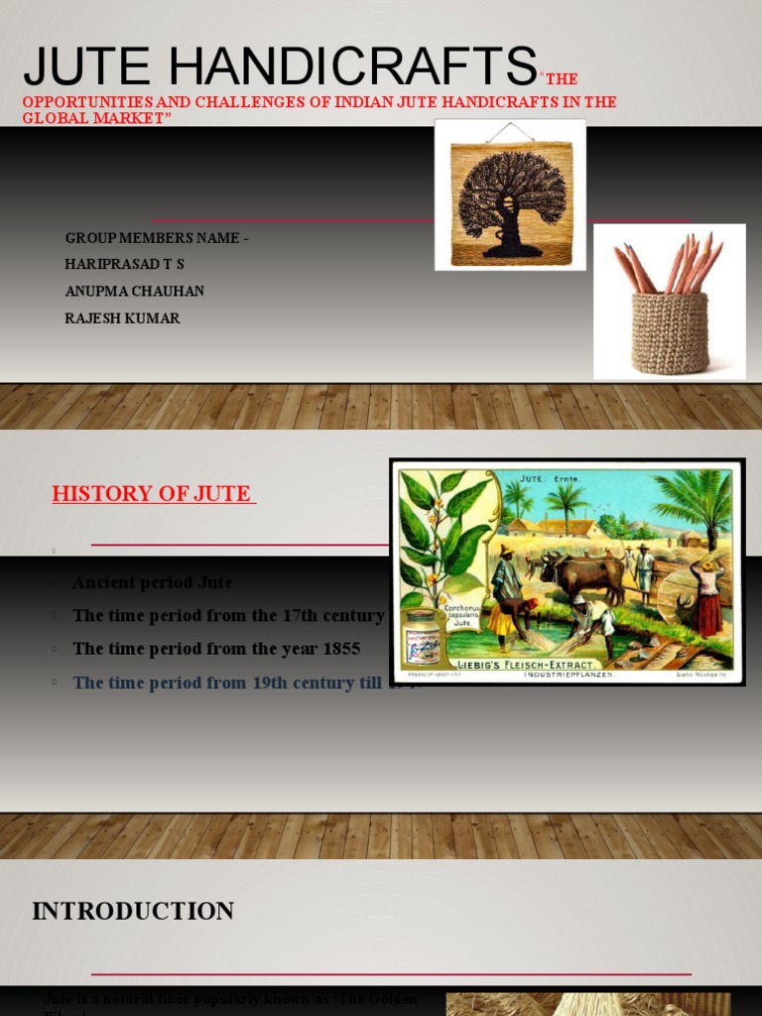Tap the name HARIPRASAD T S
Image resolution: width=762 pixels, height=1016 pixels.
click(124, 264)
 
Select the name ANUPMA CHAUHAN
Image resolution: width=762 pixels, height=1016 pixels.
click(134, 292)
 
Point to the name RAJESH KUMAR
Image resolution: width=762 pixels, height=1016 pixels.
click(122, 318)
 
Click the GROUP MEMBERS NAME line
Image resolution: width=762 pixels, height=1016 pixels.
click(157, 238)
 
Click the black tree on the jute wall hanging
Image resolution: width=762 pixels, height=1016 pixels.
click(511, 198)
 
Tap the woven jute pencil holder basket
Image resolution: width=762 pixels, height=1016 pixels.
click(670, 332)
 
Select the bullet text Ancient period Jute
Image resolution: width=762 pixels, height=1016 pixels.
click(153, 582)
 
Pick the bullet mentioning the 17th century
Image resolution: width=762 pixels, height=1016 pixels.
click(228, 615)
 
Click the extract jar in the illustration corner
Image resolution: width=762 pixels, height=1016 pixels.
click(422, 635)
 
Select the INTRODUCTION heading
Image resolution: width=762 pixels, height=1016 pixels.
click(133, 911)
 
